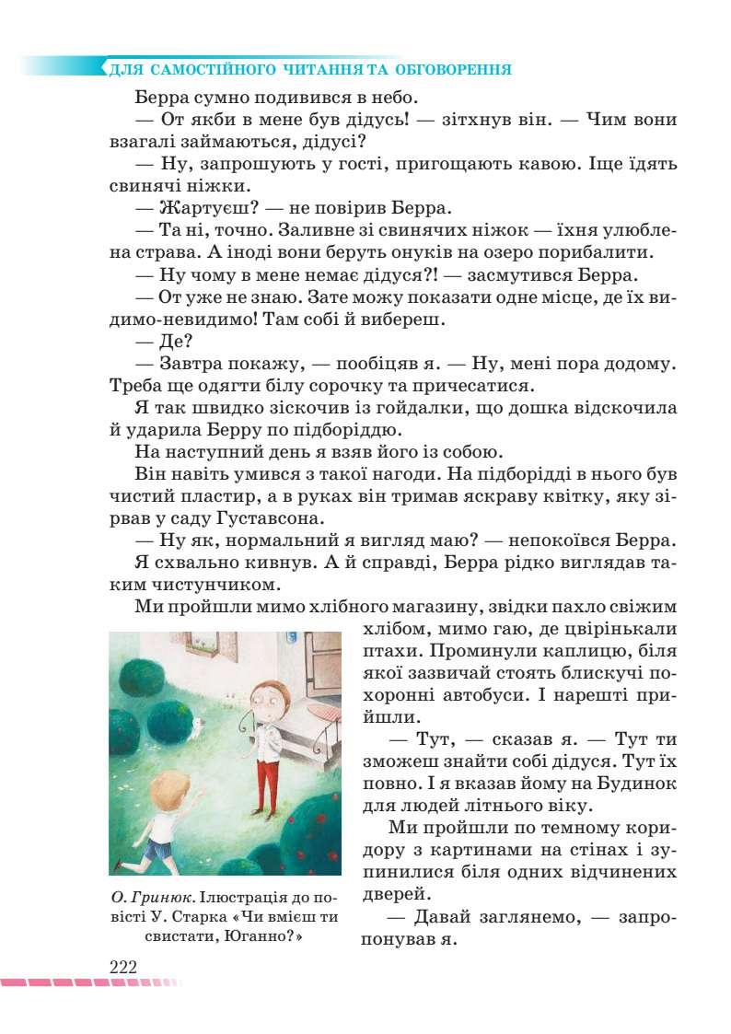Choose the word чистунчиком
coord(204,583)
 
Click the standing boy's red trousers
coord(268,773)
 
